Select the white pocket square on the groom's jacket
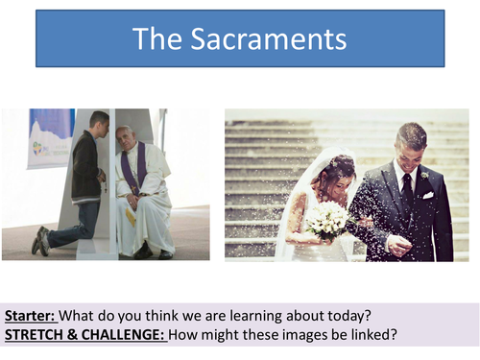427,195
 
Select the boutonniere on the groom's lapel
423,175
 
